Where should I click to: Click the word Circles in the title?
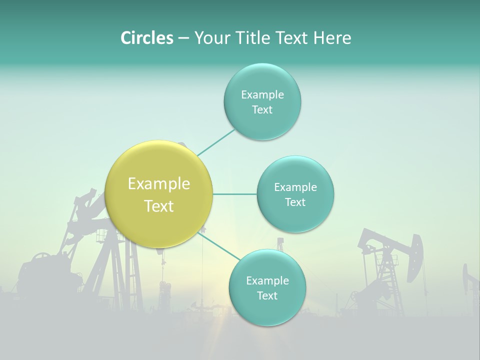146,38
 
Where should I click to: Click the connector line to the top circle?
216,142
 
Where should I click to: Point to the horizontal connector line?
234,194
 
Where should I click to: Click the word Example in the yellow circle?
158,184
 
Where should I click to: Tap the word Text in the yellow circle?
158,206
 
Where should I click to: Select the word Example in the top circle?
262,95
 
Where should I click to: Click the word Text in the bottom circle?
267,296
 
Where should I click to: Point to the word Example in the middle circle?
295,187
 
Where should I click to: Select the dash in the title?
183,38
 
